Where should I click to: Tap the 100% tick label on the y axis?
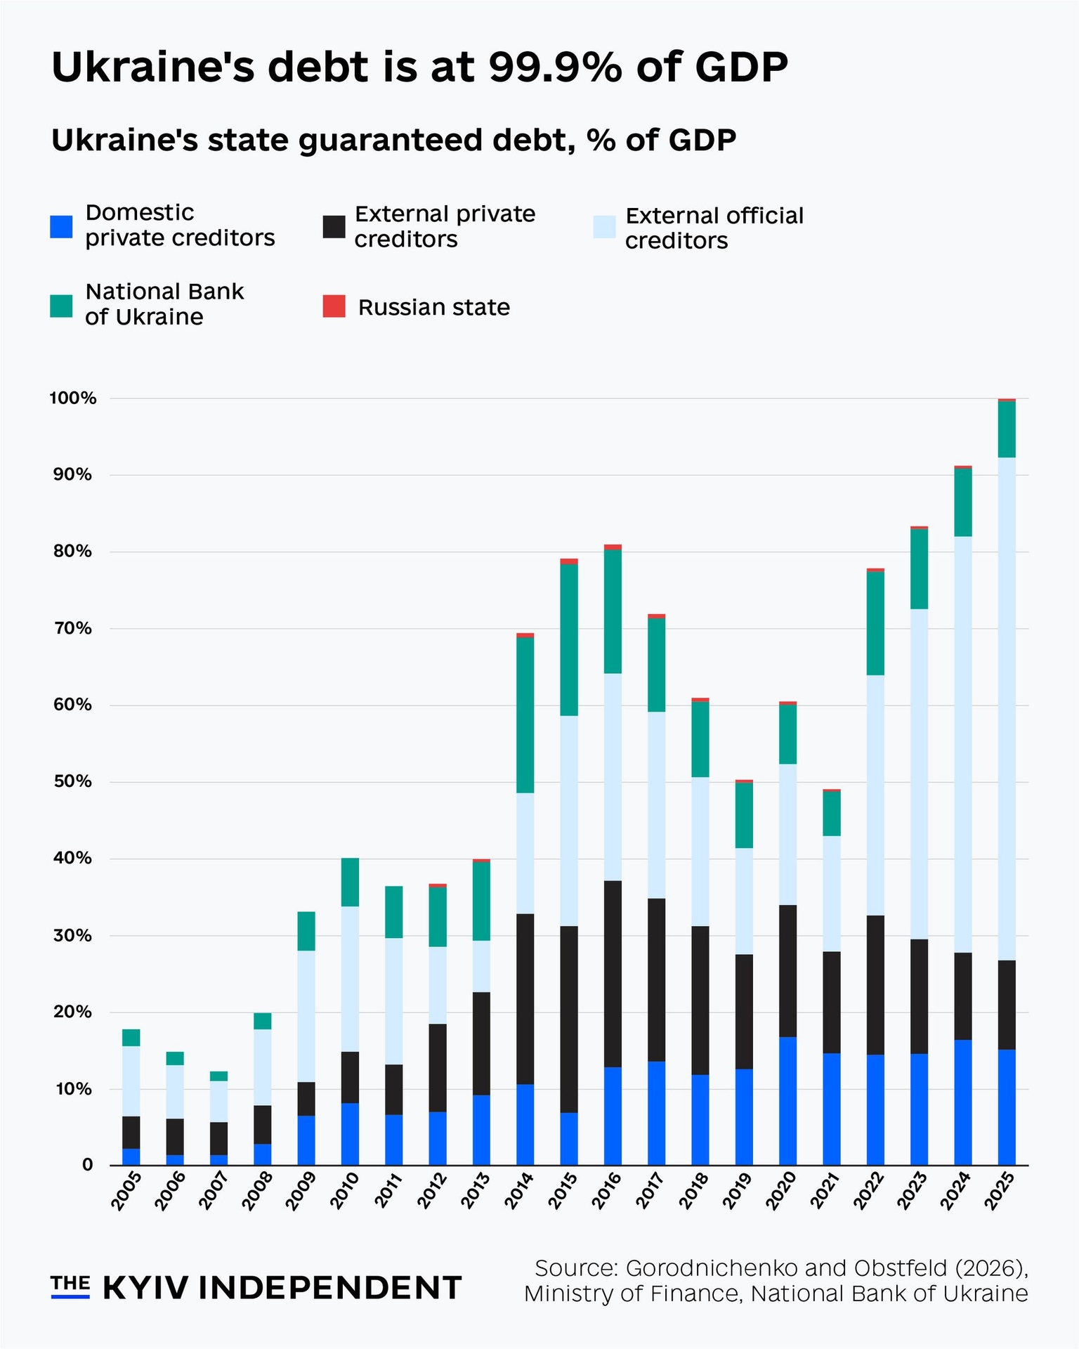coord(72,398)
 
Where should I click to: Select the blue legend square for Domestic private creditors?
coord(61,226)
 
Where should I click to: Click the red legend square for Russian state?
coord(334,307)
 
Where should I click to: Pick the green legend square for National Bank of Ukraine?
coord(61,306)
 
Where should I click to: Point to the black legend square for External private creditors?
coord(334,227)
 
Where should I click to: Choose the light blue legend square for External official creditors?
coord(604,227)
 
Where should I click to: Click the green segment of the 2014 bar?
coord(525,715)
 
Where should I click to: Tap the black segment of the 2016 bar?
coord(613,974)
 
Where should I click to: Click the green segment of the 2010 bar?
coord(350,882)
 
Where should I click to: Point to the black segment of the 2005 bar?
coord(131,1132)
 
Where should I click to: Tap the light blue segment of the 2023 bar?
coord(919,774)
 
